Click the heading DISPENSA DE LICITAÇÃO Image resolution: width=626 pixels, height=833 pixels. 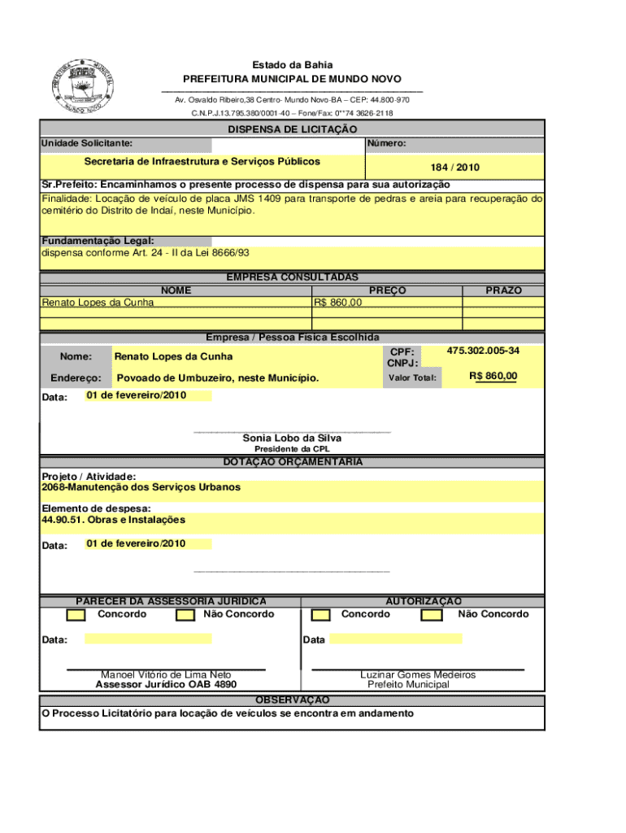tap(292, 129)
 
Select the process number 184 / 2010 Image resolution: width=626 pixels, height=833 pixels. tap(455, 168)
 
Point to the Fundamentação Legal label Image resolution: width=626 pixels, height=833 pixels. tap(98, 241)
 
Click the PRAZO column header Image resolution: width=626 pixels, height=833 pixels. tap(503, 290)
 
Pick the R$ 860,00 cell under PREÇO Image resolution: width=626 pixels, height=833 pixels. tap(338, 303)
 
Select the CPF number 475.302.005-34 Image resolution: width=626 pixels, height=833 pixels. tap(483, 351)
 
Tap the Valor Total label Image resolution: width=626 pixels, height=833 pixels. tap(412, 377)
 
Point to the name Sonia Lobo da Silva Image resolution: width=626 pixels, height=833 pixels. tap(292, 438)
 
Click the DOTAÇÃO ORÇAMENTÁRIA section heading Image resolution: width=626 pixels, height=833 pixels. tap(292, 462)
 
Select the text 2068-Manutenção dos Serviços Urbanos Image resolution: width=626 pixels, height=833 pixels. tap(141, 487)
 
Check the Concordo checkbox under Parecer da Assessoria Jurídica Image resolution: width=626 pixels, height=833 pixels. tap(76, 615)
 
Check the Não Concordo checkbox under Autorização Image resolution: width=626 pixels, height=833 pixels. tap(431, 615)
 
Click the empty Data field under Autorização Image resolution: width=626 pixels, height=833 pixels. tap(395, 639)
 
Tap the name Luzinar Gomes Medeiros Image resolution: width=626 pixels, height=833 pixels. tap(418, 674)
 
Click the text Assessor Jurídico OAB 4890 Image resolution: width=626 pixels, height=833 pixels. tap(166, 685)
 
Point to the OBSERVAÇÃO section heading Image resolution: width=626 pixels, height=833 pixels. tap(292, 700)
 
